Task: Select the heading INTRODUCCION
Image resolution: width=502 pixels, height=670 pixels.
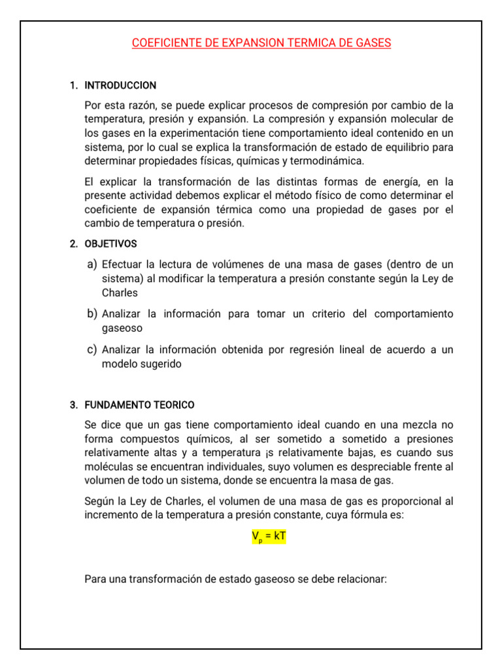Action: coord(120,86)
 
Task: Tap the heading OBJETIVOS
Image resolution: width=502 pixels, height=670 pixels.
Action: coord(110,243)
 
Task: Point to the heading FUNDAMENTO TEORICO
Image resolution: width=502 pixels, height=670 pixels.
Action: coord(139,405)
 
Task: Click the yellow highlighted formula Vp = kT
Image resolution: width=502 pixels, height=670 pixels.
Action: coord(269,537)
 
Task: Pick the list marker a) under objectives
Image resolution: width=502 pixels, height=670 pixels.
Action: coord(92,264)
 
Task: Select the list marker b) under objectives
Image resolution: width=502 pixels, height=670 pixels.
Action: coord(92,314)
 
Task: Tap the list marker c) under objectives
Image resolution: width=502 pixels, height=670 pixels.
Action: coord(92,349)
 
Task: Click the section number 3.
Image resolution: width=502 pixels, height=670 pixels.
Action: coord(73,405)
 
